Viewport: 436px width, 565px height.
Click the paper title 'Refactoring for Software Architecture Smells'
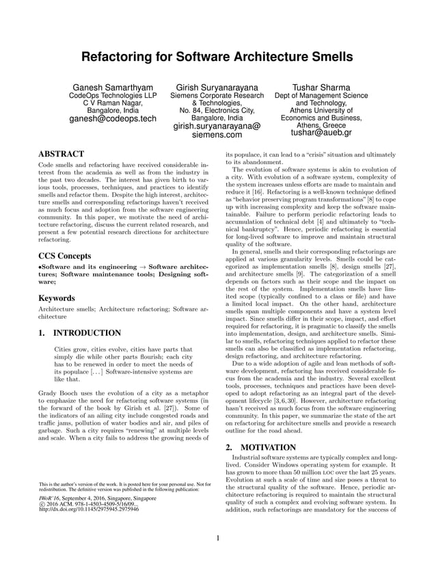pos(217,55)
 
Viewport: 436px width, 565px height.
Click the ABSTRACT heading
pos(61,155)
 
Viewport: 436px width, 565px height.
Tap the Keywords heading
pos(57,298)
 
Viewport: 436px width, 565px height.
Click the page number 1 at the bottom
pos(217,538)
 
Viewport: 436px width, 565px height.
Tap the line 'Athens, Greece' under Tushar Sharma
pos(321,125)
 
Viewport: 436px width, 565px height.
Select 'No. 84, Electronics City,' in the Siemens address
pos(217,111)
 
